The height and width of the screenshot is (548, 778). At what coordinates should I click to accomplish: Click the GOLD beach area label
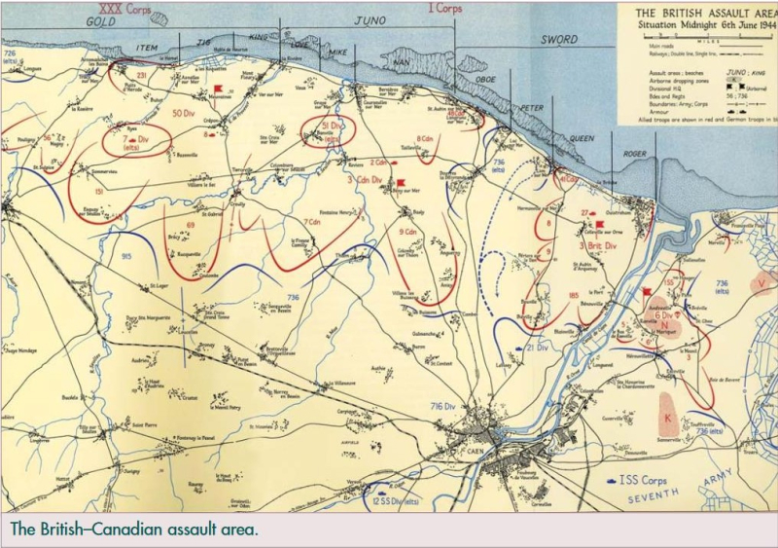click(x=100, y=20)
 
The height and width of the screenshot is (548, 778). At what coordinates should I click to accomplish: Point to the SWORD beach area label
click(x=560, y=40)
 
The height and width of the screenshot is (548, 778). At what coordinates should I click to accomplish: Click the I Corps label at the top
click(x=444, y=8)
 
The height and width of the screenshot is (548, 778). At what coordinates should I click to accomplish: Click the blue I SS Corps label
click(x=638, y=480)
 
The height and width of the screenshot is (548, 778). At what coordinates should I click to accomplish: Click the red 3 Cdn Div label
click(x=364, y=180)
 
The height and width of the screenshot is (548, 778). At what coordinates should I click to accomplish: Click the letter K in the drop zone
click(x=668, y=418)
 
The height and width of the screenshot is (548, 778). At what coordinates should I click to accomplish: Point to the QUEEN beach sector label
click(x=581, y=138)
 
